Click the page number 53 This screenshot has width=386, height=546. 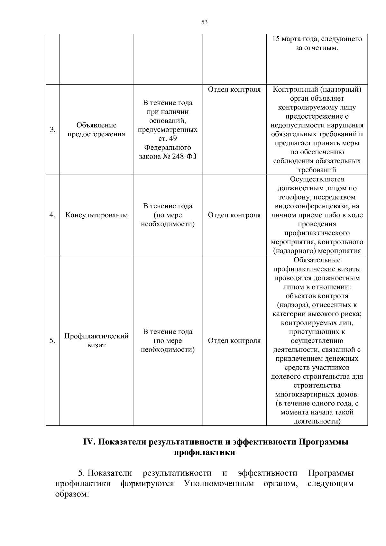pos(204,22)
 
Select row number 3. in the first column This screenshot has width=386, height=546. pos(52,130)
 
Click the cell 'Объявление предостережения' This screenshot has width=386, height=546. pos(96,130)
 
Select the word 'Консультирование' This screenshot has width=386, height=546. pos(96,215)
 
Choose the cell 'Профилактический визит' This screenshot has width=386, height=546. pos(96,341)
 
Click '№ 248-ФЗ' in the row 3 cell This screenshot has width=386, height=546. pos(180,157)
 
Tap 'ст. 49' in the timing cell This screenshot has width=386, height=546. pos(168,139)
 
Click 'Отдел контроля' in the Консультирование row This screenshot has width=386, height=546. pos(234,215)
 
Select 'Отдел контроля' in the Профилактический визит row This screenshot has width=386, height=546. pos(234,341)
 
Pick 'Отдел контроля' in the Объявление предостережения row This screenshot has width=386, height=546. pos(234,89)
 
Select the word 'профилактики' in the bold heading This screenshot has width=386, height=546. pos(204,452)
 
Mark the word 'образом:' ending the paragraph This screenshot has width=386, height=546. pos(72,494)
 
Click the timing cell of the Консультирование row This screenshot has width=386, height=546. pos(168,215)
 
